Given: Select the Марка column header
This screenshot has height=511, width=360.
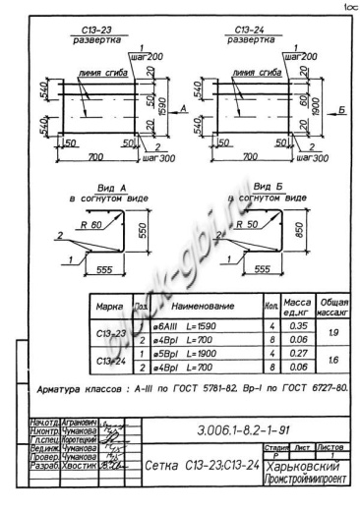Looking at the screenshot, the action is pyautogui.click(x=108, y=307).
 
